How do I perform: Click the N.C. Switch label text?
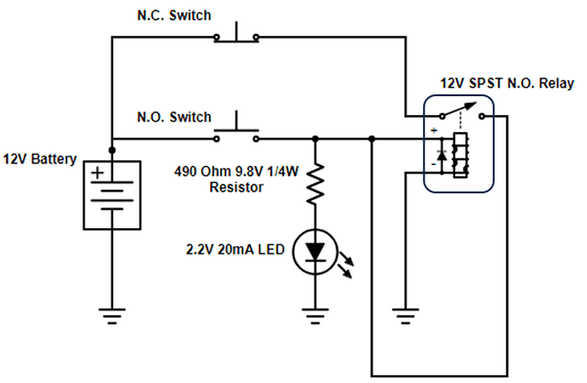174,15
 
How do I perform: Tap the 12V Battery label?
40,159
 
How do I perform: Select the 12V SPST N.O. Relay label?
507,83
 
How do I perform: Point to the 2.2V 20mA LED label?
236,250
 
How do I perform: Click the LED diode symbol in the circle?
316,251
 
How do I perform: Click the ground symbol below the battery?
111,319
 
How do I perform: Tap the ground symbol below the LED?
316,319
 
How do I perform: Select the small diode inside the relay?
442,154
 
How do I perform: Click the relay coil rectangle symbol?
460,155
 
